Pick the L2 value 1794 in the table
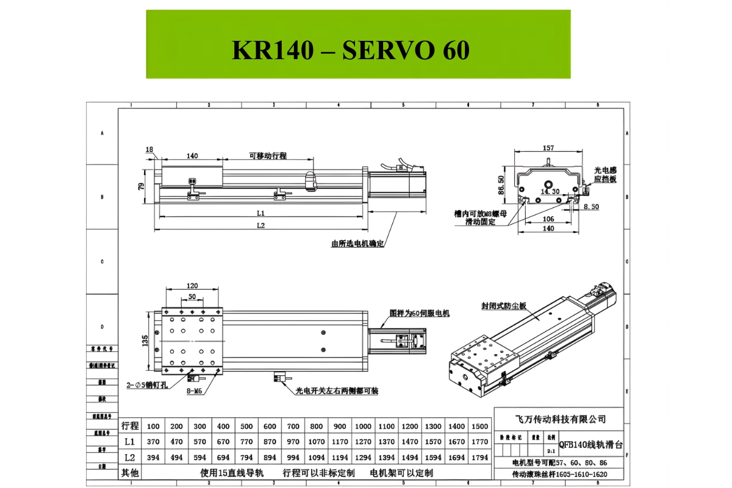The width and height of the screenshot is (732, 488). pyautogui.click(x=480, y=457)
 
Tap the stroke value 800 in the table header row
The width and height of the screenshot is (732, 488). pyautogui.click(x=316, y=426)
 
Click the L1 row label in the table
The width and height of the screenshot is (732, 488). pyautogui.click(x=129, y=442)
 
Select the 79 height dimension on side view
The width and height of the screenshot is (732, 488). pyautogui.click(x=141, y=186)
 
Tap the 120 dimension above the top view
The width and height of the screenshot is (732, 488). pyautogui.click(x=192, y=285)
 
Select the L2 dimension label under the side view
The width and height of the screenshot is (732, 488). pyautogui.click(x=260, y=225)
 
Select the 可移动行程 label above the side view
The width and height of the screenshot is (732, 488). pyautogui.click(x=268, y=156)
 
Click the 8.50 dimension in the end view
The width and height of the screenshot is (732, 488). pyautogui.click(x=590, y=207)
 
